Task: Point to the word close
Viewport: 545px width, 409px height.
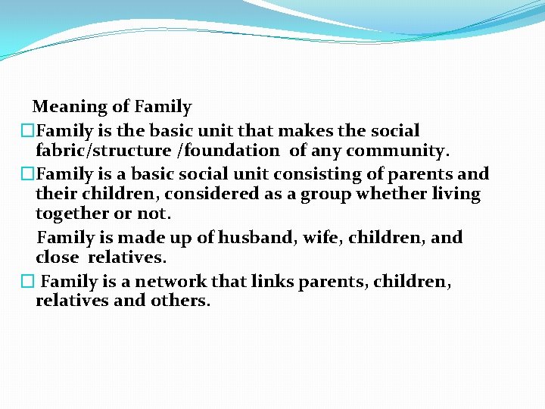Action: click(x=58, y=258)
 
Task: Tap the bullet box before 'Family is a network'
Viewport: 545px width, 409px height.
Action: click(x=28, y=282)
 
